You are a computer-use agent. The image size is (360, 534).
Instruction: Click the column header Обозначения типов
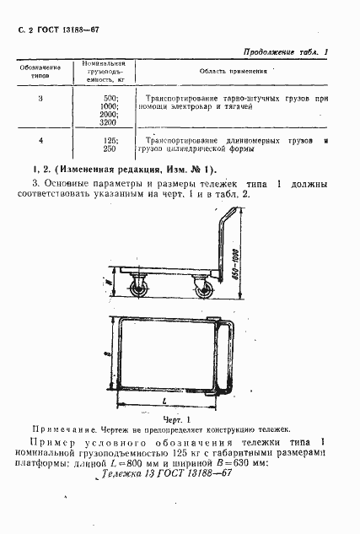pyautogui.click(x=41, y=70)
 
